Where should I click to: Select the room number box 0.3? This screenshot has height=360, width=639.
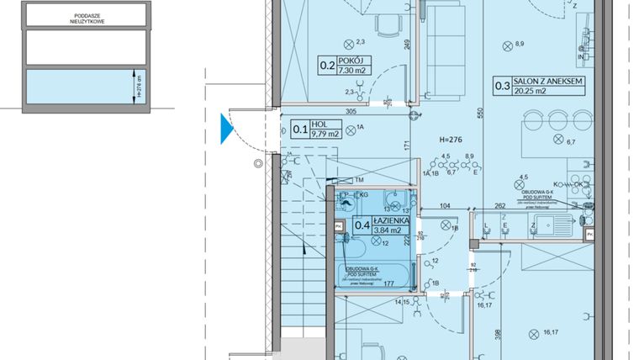click(502, 85)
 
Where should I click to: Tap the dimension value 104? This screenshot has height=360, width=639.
click(446, 205)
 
